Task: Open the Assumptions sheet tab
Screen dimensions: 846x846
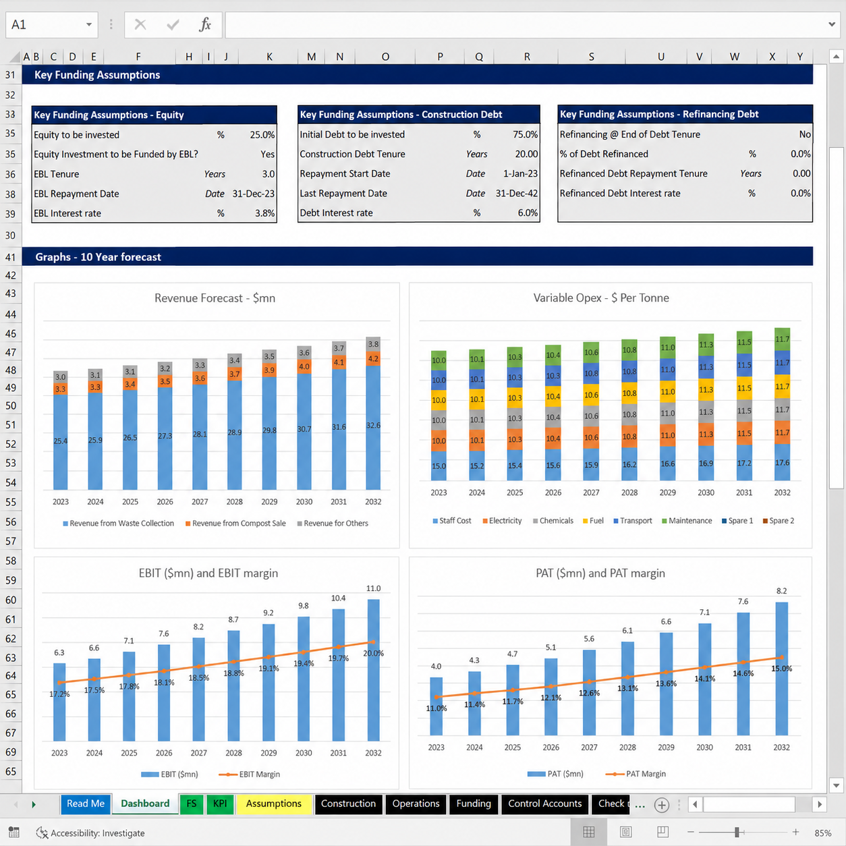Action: tap(273, 803)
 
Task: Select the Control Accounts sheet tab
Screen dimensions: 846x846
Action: tap(545, 803)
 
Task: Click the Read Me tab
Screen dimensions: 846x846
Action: tap(86, 803)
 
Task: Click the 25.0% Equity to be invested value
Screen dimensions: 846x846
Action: tap(262, 135)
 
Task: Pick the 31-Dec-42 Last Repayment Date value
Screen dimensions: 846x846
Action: tap(516, 193)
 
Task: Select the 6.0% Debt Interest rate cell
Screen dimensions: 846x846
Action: tap(528, 213)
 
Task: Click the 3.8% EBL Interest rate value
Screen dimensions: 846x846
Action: tap(264, 213)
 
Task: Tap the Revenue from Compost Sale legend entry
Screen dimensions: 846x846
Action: tap(235, 524)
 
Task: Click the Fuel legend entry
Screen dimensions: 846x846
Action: tap(593, 521)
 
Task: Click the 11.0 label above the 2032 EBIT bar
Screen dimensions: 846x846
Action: tap(374, 588)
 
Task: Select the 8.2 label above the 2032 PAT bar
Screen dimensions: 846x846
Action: tap(781, 591)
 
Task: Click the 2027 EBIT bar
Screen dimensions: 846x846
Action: tap(199, 689)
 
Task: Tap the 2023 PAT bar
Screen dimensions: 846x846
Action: tap(436, 706)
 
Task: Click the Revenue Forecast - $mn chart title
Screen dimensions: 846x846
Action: tap(215, 298)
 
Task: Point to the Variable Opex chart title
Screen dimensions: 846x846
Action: tap(601, 298)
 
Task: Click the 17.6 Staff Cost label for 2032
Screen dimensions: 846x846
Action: tap(783, 463)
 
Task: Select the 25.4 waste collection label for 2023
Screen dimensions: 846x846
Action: tap(61, 441)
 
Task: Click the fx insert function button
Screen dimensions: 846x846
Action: tap(205, 24)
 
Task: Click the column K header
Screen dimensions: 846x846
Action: tap(269, 57)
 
